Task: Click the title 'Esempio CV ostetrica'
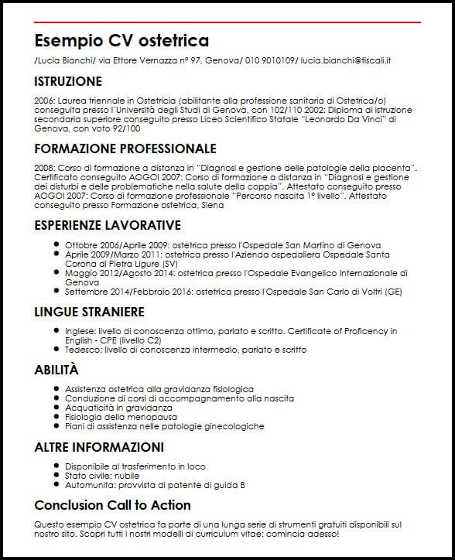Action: tap(121, 41)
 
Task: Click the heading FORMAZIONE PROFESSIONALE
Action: tap(125, 148)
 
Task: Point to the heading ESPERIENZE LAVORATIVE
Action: tap(108, 225)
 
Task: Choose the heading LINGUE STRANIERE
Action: tap(90, 312)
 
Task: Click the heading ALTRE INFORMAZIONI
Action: tap(99, 447)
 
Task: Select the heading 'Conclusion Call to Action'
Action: tap(113, 505)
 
